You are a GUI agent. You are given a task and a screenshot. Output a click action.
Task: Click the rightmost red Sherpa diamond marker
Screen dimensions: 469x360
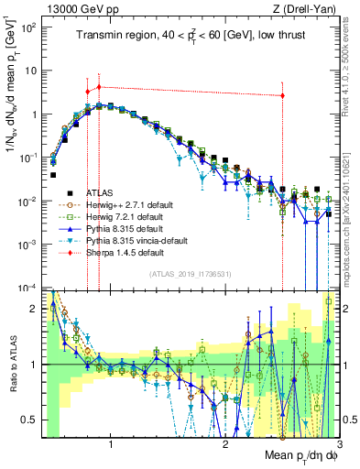282,95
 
